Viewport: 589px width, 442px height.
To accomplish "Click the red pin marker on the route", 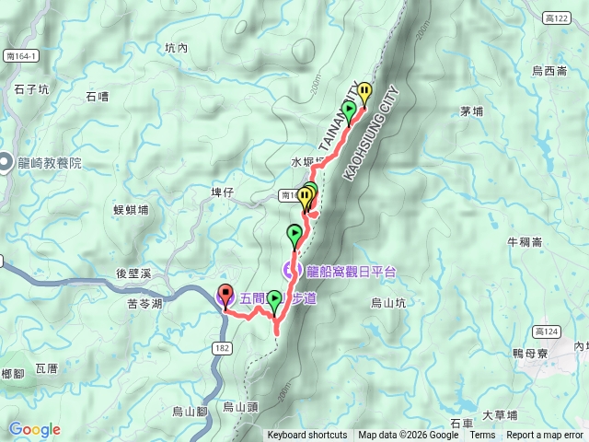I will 225,297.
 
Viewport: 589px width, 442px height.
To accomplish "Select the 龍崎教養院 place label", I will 49,162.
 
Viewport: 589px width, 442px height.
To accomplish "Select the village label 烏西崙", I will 550,70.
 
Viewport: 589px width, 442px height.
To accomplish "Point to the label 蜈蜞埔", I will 131,210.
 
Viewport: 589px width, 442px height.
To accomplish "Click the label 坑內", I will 176,48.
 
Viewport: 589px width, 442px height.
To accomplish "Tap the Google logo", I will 34,429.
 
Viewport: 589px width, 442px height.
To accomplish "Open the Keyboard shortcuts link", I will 307,436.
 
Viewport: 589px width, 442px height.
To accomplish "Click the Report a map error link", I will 546,436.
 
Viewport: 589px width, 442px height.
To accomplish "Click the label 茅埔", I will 471,111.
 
